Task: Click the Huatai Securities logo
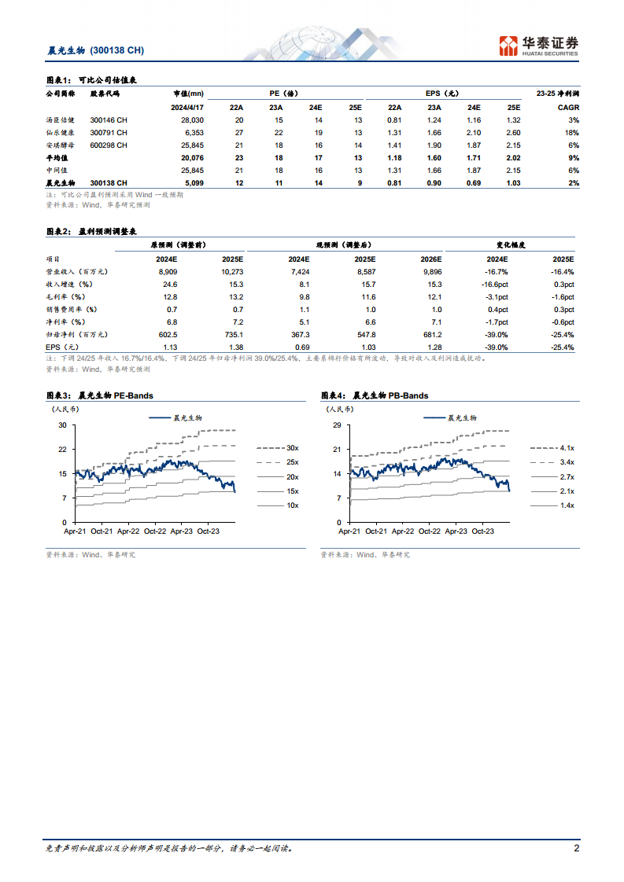(x=539, y=46)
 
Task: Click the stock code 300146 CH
(x=109, y=119)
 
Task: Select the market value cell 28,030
(x=192, y=119)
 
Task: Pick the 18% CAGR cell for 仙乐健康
(x=574, y=132)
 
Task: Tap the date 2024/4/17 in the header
(x=187, y=107)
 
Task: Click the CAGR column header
(x=569, y=107)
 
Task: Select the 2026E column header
(x=431, y=258)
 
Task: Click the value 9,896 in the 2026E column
(x=431, y=270)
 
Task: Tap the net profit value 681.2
(x=431, y=333)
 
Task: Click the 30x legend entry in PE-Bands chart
(x=292, y=447)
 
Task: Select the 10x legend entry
(x=292, y=505)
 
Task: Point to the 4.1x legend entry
(x=567, y=447)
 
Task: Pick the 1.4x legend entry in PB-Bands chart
(x=567, y=505)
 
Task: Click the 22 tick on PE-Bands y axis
(x=63, y=449)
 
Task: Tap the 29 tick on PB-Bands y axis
(x=338, y=425)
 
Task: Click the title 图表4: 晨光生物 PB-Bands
(x=375, y=395)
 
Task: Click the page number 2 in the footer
(x=577, y=849)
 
